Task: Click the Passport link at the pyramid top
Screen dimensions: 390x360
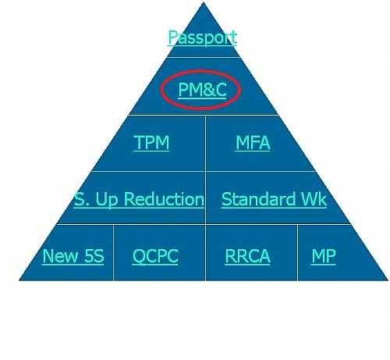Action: (x=202, y=37)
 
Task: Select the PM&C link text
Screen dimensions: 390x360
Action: (x=202, y=90)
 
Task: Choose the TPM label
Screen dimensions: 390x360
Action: (x=151, y=142)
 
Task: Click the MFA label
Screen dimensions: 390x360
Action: (x=253, y=142)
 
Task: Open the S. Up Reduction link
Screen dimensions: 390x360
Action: (x=139, y=200)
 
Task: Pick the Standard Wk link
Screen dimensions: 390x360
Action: (x=274, y=199)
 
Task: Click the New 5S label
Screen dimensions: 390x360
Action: (x=73, y=256)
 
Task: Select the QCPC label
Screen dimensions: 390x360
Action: (x=155, y=257)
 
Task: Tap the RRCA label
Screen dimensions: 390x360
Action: (x=247, y=256)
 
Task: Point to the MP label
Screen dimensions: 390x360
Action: (x=324, y=256)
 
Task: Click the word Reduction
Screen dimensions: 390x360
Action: (x=164, y=199)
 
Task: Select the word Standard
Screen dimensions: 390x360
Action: (x=258, y=199)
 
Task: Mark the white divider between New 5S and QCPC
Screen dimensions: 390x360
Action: (x=113, y=253)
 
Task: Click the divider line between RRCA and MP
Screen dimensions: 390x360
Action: (x=298, y=253)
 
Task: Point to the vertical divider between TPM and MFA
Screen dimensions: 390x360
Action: (x=205, y=143)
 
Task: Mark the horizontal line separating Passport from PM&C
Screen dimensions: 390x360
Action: (x=204, y=57)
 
